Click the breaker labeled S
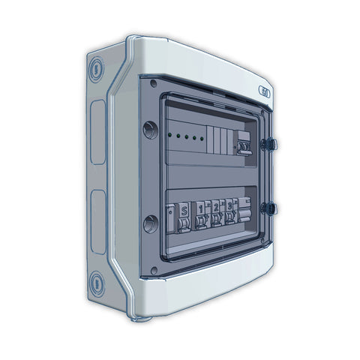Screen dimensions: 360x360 point(184,215)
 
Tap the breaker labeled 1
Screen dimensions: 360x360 point(201,215)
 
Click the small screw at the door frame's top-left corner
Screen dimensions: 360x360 point(153,83)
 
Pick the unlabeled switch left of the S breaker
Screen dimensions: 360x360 point(171,217)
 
